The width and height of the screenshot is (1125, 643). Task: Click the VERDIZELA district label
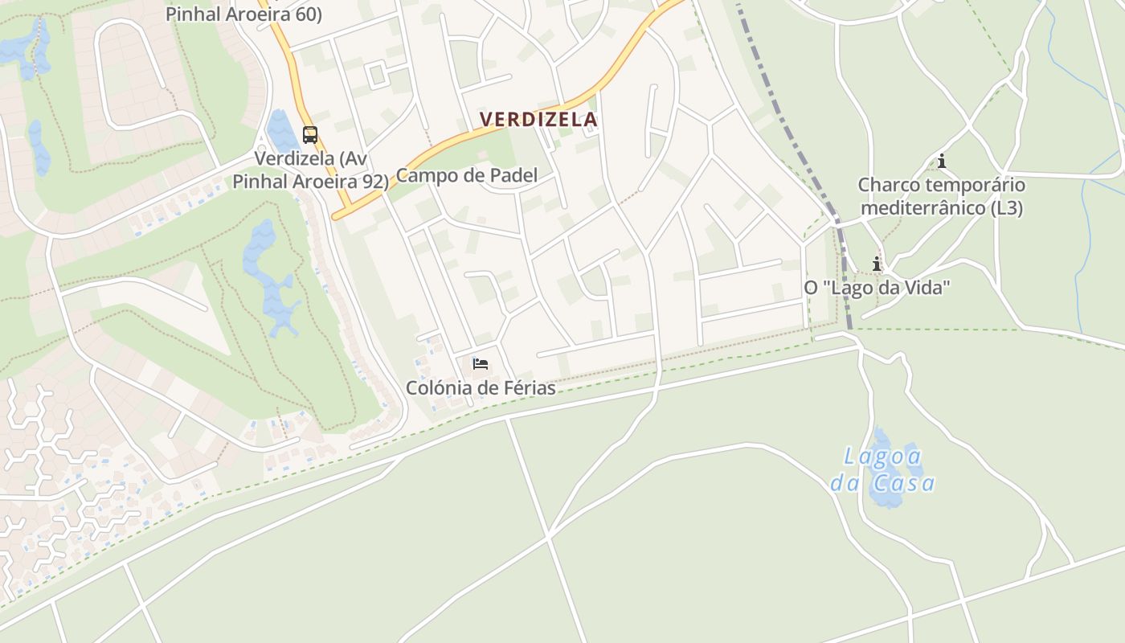[538, 120]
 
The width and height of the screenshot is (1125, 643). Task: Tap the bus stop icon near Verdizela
[310, 134]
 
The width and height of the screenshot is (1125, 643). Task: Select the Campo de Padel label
[467, 175]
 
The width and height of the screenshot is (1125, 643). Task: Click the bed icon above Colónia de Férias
[481, 364]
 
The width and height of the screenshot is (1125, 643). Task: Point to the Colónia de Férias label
[481, 387]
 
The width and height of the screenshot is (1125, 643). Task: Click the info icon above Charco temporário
[942, 162]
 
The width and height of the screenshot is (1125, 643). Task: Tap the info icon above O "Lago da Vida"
[877, 264]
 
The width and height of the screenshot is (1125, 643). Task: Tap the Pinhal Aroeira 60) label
[243, 14]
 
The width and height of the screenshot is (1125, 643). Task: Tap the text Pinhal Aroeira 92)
[310, 181]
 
